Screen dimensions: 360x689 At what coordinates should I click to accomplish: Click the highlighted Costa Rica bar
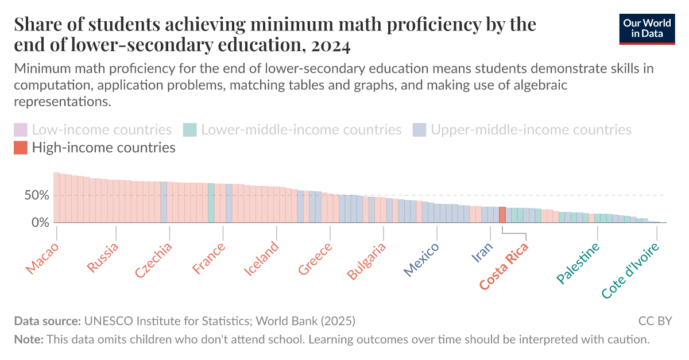tap(502, 215)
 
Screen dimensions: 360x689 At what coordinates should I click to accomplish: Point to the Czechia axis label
tap(154, 260)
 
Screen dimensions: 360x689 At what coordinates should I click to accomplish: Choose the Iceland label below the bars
tap(262, 259)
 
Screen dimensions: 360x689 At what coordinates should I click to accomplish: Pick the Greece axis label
tap(315, 259)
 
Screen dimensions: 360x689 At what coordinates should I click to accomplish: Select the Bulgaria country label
tap(367, 261)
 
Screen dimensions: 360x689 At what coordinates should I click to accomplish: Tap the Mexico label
tap(421, 260)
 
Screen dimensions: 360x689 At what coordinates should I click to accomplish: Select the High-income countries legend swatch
tap(21, 148)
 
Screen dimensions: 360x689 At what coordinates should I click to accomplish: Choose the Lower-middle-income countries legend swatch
tap(190, 130)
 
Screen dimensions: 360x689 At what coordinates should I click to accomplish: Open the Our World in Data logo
tap(647, 28)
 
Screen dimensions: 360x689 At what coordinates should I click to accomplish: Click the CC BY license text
tap(655, 321)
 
